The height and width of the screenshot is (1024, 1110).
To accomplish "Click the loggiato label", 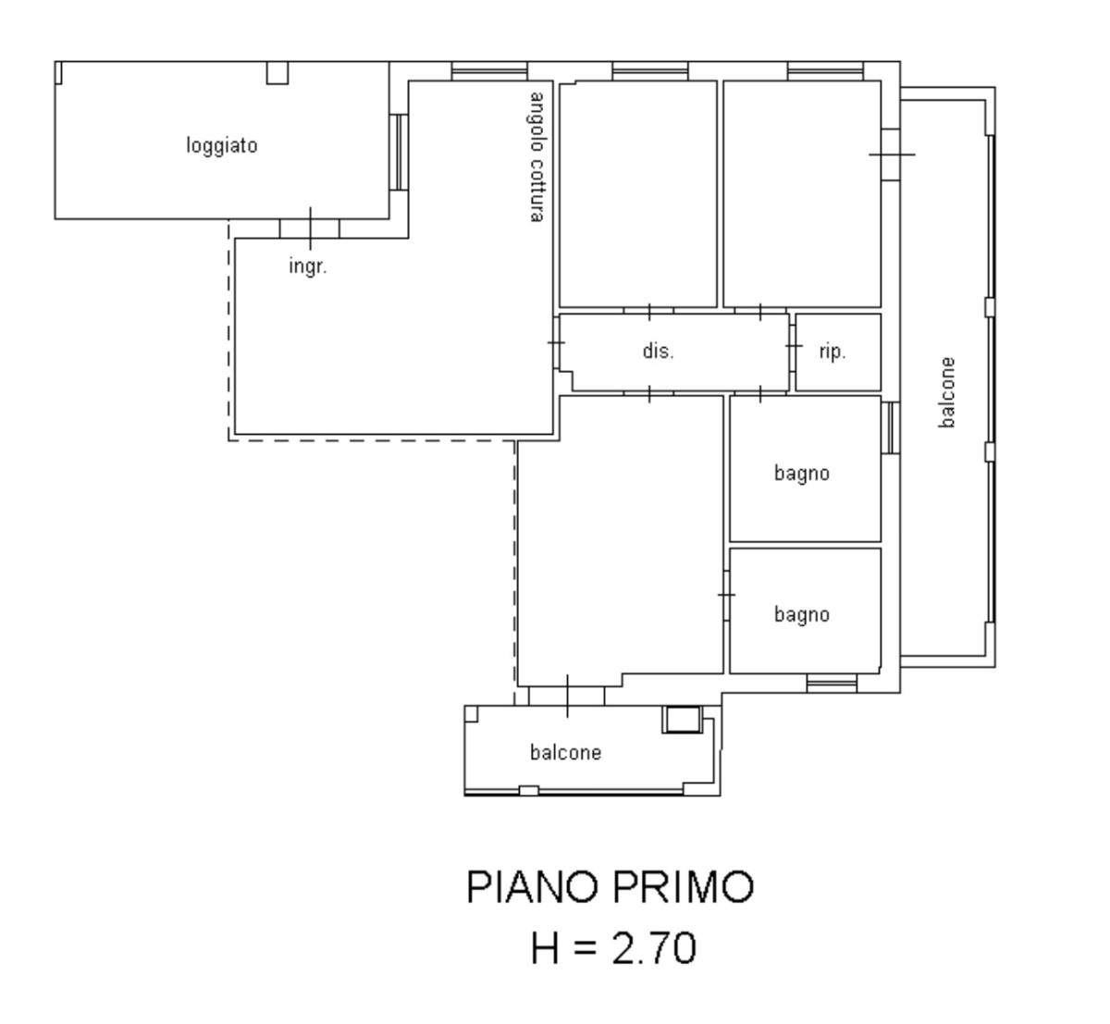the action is (x=222, y=146).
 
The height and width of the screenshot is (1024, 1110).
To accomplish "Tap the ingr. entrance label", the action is (x=308, y=266).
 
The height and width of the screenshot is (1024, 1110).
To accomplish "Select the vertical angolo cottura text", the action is (x=536, y=157).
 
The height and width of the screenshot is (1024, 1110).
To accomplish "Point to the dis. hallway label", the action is (x=659, y=351).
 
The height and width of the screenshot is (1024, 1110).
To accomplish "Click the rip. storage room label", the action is (x=832, y=352).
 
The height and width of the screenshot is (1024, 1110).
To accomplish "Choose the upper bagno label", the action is (x=801, y=474).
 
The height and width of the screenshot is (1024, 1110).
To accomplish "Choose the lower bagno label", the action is (x=801, y=615).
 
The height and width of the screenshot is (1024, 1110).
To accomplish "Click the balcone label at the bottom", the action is (x=565, y=752).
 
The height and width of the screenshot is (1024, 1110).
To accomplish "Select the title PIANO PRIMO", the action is (x=610, y=887).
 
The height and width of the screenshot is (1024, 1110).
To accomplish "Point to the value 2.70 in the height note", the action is (x=654, y=948).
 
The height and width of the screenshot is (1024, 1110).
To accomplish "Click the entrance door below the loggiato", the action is (x=310, y=228).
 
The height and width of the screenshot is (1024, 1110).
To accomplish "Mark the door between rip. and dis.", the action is (x=793, y=347).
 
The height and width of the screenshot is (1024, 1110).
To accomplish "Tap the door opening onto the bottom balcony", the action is (x=567, y=696).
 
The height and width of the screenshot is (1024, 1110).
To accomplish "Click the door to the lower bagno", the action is (x=726, y=596).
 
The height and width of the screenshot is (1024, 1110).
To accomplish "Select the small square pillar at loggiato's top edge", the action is (x=277, y=73).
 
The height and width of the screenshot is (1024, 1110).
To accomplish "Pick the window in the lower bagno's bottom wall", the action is (x=832, y=683).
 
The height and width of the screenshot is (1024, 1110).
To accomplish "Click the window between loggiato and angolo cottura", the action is (x=399, y=153).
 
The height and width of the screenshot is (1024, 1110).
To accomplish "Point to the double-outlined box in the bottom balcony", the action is (x=682, y=720).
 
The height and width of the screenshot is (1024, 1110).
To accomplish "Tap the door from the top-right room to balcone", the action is (x=892, y=154).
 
